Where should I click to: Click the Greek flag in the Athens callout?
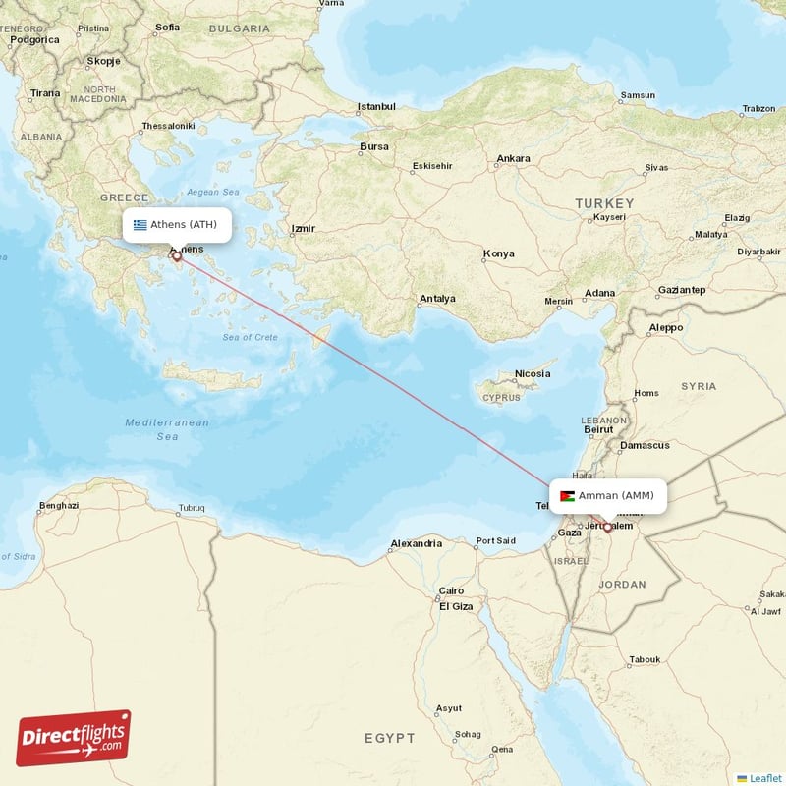(140, 224)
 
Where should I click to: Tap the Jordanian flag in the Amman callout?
(567, 495)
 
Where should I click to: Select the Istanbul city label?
(376, 106)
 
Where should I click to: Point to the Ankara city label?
(514, 158)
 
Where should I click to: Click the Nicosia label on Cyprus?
(533, 374)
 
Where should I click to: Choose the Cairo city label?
(452, 590)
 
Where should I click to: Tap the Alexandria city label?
(417, 543)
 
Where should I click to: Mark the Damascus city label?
(645, 445)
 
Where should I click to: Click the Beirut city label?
(598, 430)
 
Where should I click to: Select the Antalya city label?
(437, 298)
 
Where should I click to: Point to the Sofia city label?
(168, 27)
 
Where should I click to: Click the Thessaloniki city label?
(169, 127)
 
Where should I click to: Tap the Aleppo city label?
(666, 327)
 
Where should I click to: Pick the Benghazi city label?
(58, 506)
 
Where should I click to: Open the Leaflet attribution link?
(765, 778)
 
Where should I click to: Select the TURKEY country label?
(604, 203)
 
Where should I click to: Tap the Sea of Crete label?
(250, 337)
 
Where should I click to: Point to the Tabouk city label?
(645, 659)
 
